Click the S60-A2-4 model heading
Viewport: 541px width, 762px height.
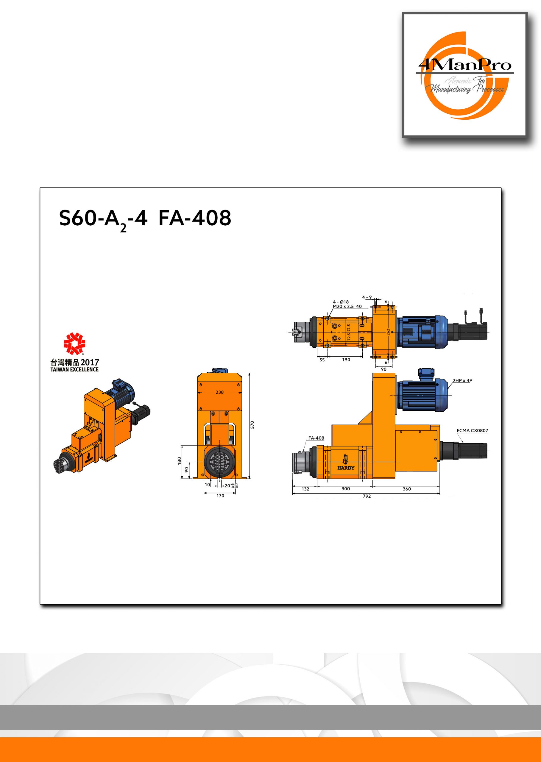pyautogui.click(x=103, y=219)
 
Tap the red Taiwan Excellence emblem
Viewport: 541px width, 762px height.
pyautogui.click(x=74, y=343)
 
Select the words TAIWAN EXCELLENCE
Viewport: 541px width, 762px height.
pyautogui.click(x=74, y=369)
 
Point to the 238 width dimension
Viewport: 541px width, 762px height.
pyautogui.click(x=219, y=392)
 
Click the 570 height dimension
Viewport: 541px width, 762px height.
pyautogui.click(x=252, y=425)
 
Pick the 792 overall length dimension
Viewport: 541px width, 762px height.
pyautogui.click(x=367, y=496)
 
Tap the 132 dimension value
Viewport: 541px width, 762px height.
pyautogui.click(x=305, y=489)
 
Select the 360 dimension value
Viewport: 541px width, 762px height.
pyautogui.click(x=407, y=489)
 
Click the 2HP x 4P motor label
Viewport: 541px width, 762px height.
pyautogui.click(x=462, y=380)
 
